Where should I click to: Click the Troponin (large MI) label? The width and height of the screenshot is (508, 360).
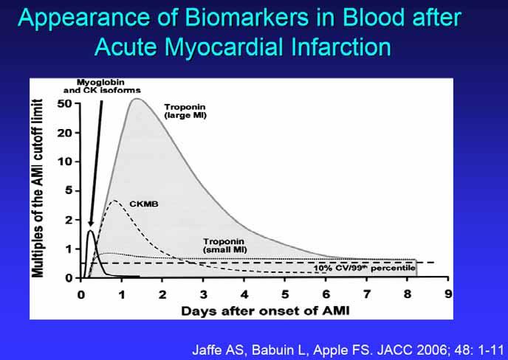(x=185, y=111)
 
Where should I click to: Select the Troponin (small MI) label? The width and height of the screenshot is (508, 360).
(x=224, y=246)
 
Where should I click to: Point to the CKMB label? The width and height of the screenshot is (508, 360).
(x=144, y=204)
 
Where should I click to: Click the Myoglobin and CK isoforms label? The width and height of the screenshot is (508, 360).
(x=102, y=86)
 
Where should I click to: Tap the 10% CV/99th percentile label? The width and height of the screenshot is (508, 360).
(x=364, y=268)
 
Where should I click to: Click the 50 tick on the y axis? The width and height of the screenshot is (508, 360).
(x=64, y=103)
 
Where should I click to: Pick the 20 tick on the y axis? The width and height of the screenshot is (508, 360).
(x=64, y=133)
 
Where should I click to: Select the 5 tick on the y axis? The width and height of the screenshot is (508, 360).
(x=69, y=190)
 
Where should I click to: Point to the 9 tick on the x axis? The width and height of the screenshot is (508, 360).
(x=448, y=294)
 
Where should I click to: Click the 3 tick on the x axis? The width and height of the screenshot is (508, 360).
(x=203, y=294)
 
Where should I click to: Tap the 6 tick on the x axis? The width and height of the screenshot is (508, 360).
(x=326, y=294)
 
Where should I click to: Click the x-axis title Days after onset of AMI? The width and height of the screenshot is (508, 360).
(x=265, y=311)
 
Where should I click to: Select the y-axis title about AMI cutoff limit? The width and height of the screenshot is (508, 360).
(x=38, y=188)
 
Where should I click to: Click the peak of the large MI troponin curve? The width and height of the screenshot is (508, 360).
(x=137, y=99)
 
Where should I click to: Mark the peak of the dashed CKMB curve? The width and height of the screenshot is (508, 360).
(x=114, y=201)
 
